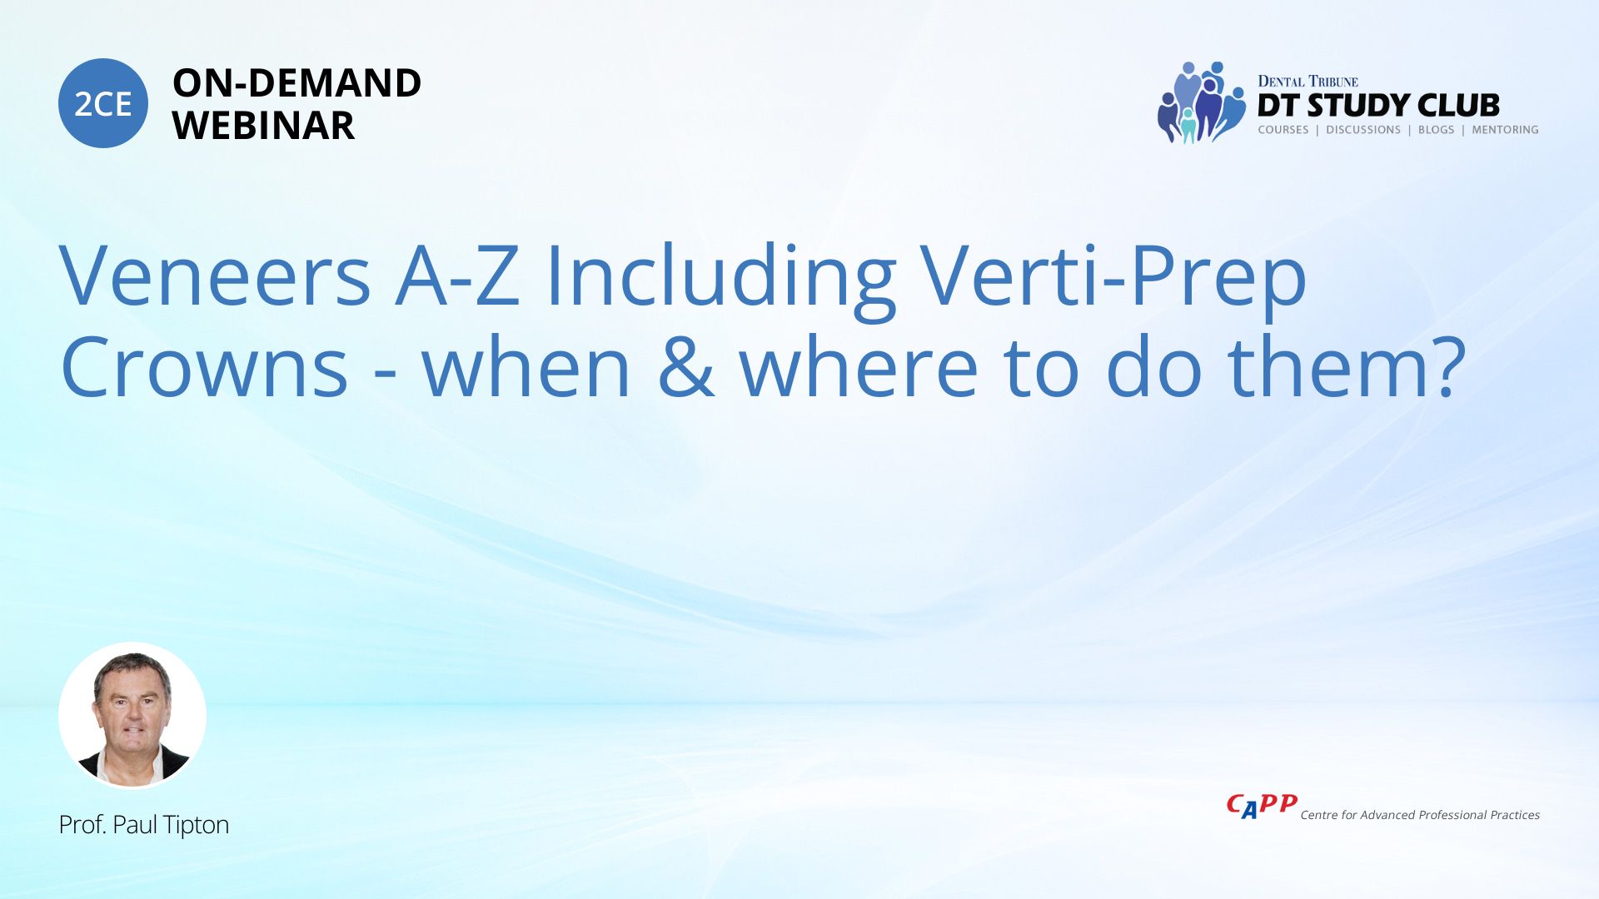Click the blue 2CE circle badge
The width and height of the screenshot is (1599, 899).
tap(103, 103)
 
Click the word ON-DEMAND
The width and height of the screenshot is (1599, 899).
tap(296, 83)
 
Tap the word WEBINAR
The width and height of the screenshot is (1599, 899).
tap(263, 126)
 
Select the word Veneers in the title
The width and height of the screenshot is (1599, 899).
tap(215, 276)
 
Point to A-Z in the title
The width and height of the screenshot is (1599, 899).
tap(458, 276)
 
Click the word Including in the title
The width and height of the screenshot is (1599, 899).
tap(720, 281)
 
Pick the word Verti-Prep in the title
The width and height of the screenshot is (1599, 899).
tap(1113, 281)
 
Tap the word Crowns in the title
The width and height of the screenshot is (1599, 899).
tap(204, 367)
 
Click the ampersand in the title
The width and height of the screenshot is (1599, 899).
tap(686, 367)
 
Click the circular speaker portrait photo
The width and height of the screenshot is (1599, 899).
tap(132, 716)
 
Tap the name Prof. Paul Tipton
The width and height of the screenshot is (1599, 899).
tap(144, 825)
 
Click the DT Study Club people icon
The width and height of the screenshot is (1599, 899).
tap(1200, 102)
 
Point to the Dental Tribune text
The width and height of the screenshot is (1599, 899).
tap(1308, 82)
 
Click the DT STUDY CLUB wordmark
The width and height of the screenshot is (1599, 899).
tap(1378, 106)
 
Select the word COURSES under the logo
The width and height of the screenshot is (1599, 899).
tap(1283, 130)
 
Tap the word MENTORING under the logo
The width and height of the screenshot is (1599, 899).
tap(1505, 130)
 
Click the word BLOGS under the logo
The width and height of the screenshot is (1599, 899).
tap(1436, 130)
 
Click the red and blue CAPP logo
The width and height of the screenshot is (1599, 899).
tap(1262, 806)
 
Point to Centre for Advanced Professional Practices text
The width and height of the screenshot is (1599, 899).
tap(1420, 815)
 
